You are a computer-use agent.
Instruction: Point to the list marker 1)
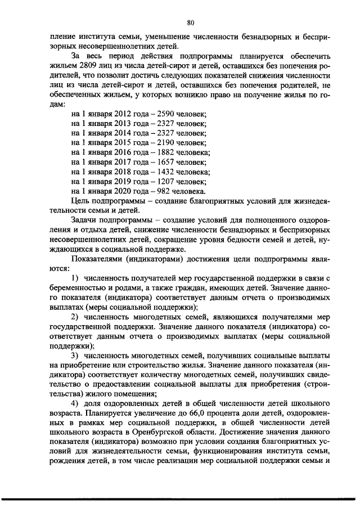[x=76, y=279]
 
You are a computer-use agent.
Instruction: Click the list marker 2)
[x=76, y=318]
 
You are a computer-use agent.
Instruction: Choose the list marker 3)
[x=76, y=357]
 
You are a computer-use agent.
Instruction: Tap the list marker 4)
[x=76, y=406]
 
